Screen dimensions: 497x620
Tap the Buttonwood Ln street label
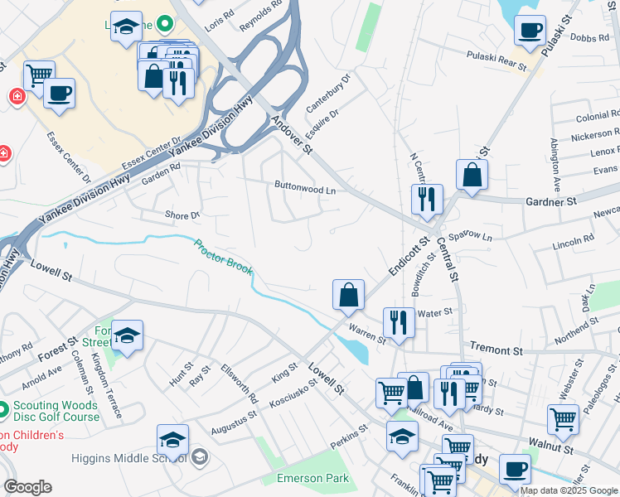pyautogui.click(x=305, y=189)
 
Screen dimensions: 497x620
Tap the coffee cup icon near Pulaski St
pyautogui.click(x=530, y=32)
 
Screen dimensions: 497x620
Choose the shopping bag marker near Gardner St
pyautogui.click(x=472, y=176)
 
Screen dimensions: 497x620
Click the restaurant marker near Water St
pyautogui.click(x=399, y=323)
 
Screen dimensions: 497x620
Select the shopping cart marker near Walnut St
pyautogui.click(x=563, y=419)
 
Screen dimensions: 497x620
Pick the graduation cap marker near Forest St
pyautogui.click(x=128, y=335)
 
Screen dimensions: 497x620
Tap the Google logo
pyautogui.click(x=27, y=487)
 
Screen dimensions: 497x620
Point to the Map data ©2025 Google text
pyautogui.click(x=568, y=490)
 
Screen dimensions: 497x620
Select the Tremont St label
pyautogui.click(x=496, y=350)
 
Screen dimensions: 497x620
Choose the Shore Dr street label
pyautogui.click(x=182, y=215)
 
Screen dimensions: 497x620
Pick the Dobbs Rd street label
pyautogui.click(x=590, y=38)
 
